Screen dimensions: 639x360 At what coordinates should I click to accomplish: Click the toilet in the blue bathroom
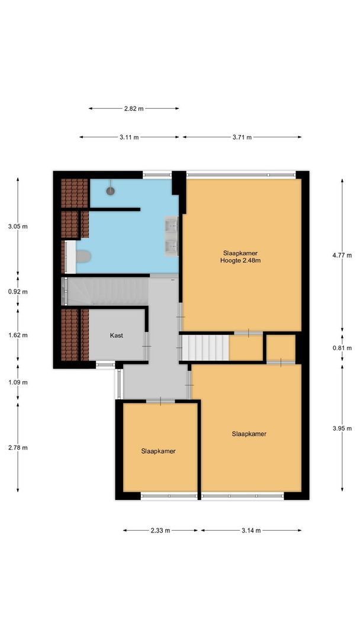click(x=82, y=256)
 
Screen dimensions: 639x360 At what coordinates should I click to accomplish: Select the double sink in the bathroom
click(x=171, y=235)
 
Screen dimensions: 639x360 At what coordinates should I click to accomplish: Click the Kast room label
click(x=117, y=335)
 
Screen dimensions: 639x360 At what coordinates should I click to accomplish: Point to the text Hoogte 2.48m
click(x=240, y=260)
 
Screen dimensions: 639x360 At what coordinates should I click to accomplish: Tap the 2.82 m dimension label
click(x=133, y=109)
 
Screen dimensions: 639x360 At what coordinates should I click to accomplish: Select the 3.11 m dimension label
click(x=128, y=137)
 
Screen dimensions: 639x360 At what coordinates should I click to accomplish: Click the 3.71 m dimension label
click(x=241, y=137)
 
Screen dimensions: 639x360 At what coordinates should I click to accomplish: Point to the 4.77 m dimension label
click(x=342, y=256)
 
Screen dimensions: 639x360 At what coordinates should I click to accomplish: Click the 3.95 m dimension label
click(x=342, y=428)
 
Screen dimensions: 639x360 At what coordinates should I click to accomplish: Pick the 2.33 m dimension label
click(x=160, y=531)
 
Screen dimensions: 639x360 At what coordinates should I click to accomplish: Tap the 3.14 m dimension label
click(x=251, y=531)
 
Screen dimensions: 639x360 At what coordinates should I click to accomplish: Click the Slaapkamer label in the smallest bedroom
click(x=158, y=451)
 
